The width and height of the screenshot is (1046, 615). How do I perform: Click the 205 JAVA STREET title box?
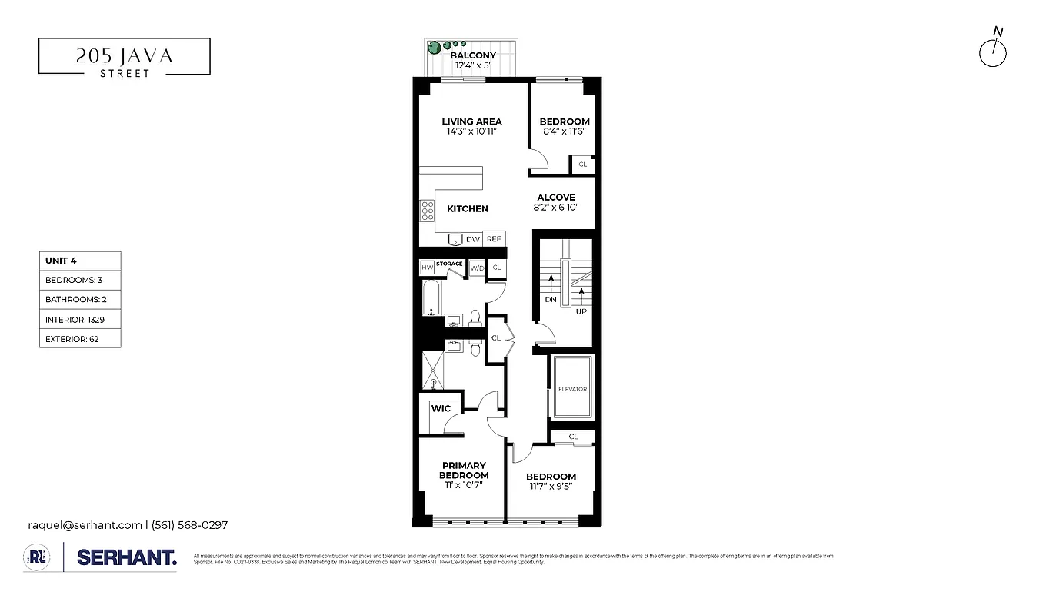coord(124,56)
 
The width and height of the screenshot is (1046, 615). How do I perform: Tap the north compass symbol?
coord(993,52)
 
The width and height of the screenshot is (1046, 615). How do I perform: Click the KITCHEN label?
coord(467,208)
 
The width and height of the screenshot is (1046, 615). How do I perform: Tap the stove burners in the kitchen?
coord(427,210)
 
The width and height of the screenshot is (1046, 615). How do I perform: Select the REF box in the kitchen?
coord(494,239)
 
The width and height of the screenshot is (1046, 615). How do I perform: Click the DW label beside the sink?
coord(472,239)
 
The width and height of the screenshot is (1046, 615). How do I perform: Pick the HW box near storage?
coord(427,268)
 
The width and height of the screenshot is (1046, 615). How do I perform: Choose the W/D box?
coord(477,268)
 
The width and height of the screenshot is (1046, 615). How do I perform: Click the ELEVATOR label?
coord(571,389)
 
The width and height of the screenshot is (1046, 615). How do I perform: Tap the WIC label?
coord(441,408)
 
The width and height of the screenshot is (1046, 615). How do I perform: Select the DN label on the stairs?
coord(550,300)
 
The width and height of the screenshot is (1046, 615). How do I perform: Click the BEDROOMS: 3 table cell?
coord(80,280)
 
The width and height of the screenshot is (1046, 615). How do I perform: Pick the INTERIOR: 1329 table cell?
coord(80,319)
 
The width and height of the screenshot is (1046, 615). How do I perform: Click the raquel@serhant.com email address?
coord(85,525)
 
